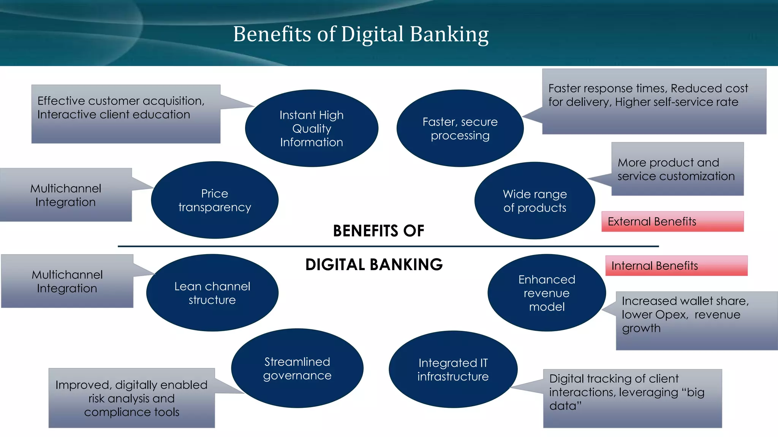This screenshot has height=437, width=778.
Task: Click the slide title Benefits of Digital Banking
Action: pos(361,34)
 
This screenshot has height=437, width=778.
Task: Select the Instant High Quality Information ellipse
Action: pos(312,128)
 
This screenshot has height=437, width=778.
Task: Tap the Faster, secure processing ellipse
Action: pos(460,128)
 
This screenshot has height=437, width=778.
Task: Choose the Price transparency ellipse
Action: pos(215,200)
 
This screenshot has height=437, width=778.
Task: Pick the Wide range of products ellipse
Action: pos(534,201)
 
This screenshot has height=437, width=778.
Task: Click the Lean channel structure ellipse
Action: pos(212,293)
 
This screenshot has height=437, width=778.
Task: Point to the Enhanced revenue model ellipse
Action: pos(547,293)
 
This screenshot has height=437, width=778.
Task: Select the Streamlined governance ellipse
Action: pos(297,368)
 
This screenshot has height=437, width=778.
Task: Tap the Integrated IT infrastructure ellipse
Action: pos(453,369)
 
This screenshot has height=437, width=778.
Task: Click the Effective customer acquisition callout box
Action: pos(126,114)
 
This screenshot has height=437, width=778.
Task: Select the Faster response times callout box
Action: pos(654,102)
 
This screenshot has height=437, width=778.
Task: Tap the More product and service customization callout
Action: pos(677,169)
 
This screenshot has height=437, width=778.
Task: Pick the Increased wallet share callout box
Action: pos(696,321)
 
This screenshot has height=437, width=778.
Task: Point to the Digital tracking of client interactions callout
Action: pos(632,398)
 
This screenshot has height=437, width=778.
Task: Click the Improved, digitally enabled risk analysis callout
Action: pos(131,398)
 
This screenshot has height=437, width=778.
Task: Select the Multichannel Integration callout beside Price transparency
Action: pos(66,195)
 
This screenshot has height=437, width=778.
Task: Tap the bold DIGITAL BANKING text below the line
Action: pos(374,264)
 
